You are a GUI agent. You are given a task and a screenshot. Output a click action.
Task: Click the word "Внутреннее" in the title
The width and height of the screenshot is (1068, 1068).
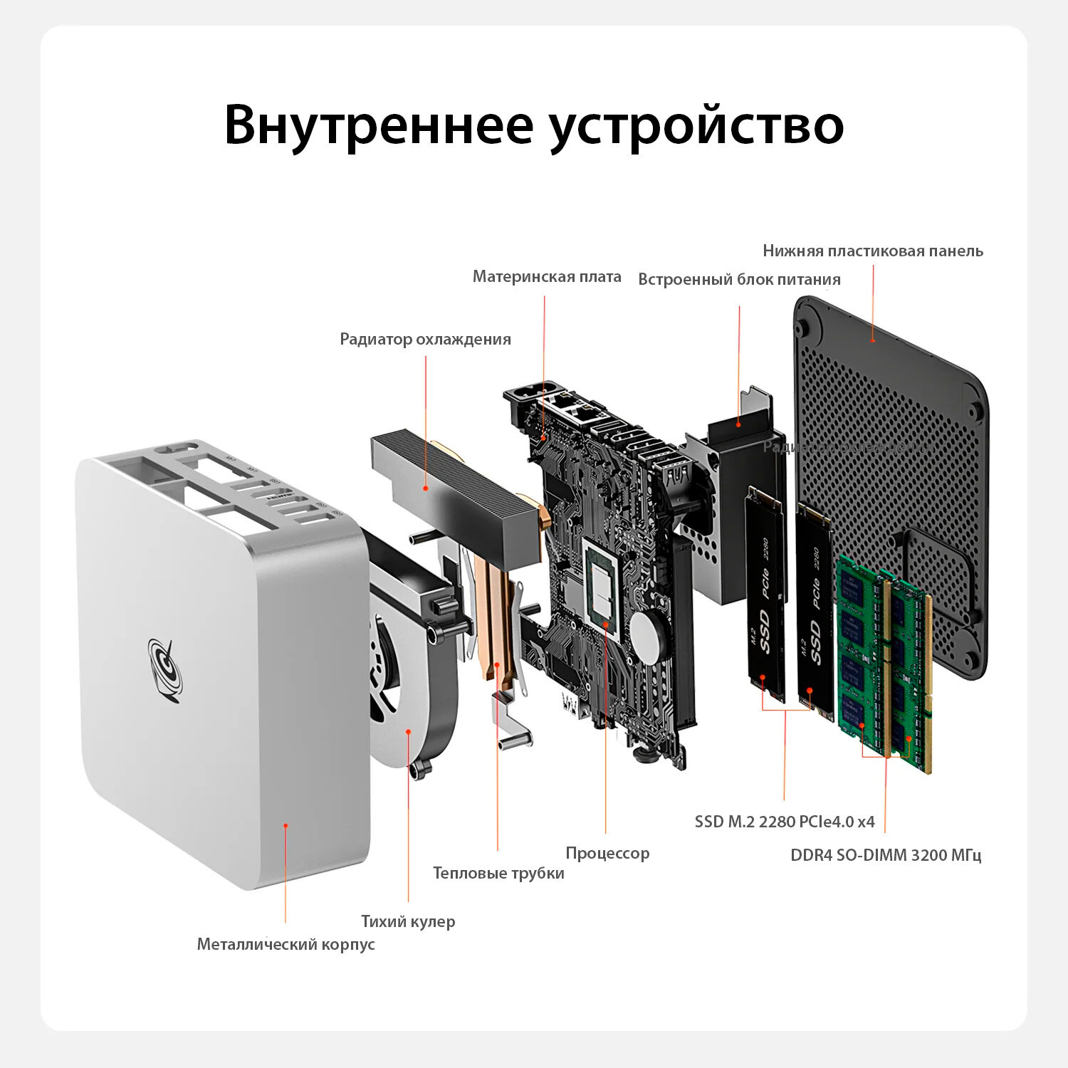click(x=378, y=125)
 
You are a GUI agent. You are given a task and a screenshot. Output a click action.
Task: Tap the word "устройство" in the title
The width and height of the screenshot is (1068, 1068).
click(x=696, y=126)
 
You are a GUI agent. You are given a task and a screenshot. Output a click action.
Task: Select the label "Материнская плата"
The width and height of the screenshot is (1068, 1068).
click(x=547, y=276)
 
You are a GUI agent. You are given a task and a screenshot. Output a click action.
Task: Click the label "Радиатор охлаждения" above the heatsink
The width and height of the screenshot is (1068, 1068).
click(x=425, y=339)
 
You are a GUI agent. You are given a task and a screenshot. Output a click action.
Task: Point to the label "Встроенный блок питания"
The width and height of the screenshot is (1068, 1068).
click(x=739, y=279)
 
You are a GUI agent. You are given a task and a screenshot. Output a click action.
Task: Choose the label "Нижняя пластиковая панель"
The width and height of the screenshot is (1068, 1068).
click(x=873, y=251)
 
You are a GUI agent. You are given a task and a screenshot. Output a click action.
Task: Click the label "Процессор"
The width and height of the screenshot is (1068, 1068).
click(x=607, y=853)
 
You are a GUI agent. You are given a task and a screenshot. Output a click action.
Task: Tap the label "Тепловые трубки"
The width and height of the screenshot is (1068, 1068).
click(x=498, y=873)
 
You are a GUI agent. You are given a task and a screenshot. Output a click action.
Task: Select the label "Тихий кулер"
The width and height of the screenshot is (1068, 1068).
click(x=408, y=921)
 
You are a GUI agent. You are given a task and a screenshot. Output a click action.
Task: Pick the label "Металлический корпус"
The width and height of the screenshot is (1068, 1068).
click(x=286, y=944)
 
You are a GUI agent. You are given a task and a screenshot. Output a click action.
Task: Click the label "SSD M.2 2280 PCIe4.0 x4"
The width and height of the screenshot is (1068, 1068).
click(x=785, y=822)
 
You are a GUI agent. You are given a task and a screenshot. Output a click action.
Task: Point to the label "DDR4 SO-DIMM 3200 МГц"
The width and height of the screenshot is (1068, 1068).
click(x=886, y=855)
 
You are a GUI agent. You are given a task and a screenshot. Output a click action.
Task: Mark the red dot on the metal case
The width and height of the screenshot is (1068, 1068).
click(x=286, y=826)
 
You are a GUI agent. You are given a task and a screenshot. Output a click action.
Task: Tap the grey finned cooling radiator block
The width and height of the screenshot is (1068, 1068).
click(x=456, y=484)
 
